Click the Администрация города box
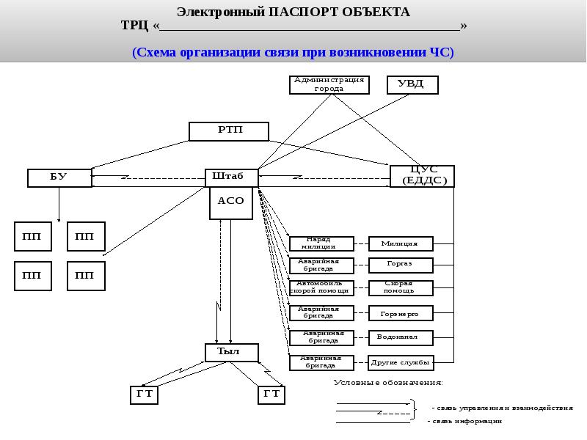point(329,84)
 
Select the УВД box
point(412,84)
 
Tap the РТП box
point(229,131)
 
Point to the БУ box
point(59,177)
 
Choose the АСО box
point(231,202)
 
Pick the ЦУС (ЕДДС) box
point(422,176)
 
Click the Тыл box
point(231,352)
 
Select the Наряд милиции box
point(321,243)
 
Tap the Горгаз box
point(401,264)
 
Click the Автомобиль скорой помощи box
point(321,287)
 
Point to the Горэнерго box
point(401,313)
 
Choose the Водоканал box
point(401,337)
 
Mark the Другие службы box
point(401,362)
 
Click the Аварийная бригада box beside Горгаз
point(321,264)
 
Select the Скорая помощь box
point(401,287)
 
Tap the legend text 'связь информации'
point(467,421)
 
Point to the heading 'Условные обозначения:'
point(389,382)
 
